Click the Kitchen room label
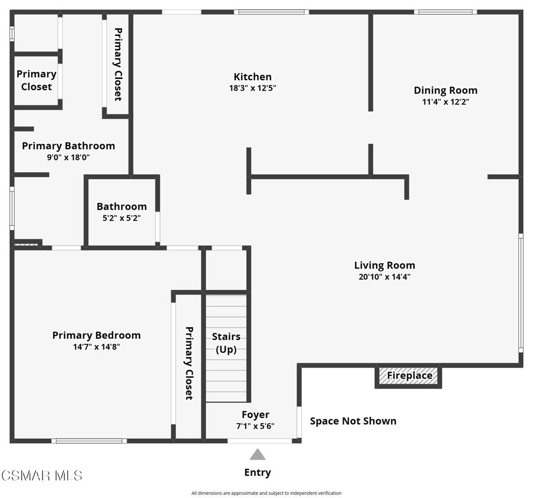pos(252,77)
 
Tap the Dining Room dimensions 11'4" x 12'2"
pos(446,102)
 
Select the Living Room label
pos(385,265)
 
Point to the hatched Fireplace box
pos(409,376)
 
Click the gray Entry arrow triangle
pos(257,455)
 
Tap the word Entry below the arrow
pos(257,473)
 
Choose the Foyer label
pos(255,415)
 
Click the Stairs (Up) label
pos(226,343)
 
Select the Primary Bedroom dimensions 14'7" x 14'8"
pos(97,347)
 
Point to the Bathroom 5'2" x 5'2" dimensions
pos(122,218)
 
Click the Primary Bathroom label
pos(68,146)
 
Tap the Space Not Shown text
pos(353,421)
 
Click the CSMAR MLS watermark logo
pos(41,475)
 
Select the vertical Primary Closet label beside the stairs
pos(189,363)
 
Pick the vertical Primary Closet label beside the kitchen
pos(118,64)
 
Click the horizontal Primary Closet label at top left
pos(36,80)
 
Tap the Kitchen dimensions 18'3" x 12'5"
pos(252,88)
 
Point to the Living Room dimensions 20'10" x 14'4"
pos(385,277)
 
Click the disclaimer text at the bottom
pos(266,493)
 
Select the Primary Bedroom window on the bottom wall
pos(89,441)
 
